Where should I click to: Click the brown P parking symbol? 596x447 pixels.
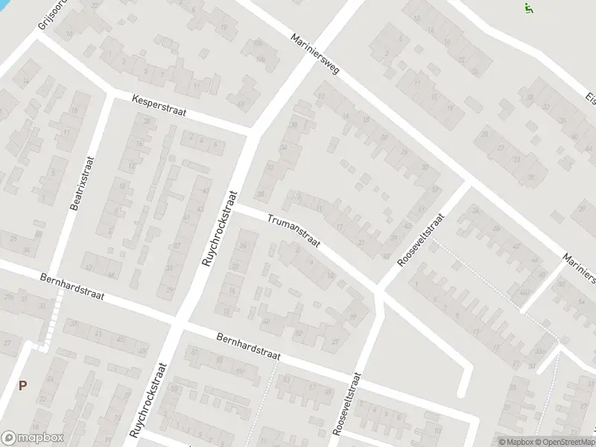[x=22, y=386]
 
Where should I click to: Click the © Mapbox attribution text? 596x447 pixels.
[x=517, y=441]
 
